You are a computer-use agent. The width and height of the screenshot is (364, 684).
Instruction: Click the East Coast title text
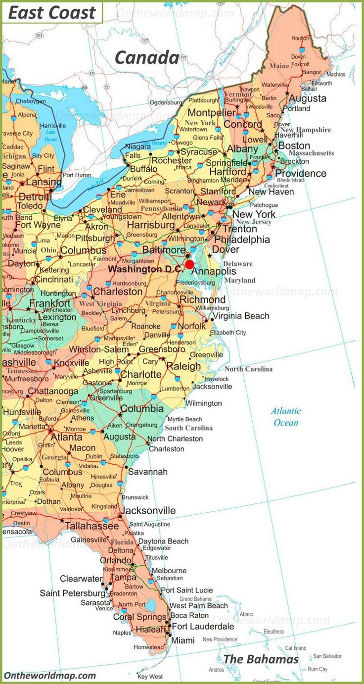52,13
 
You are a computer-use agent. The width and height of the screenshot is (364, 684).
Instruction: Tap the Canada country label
147,58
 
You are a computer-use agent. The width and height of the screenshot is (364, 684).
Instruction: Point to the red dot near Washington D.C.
189,264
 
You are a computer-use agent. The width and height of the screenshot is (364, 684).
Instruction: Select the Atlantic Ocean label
286,417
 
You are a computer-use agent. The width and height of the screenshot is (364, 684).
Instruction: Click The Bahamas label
261,659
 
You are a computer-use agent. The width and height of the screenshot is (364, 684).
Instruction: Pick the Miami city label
182,640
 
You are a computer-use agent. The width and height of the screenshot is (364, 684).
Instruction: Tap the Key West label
150,676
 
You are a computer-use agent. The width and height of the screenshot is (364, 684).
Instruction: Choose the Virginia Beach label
241,316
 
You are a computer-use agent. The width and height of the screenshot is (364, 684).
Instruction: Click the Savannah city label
147,472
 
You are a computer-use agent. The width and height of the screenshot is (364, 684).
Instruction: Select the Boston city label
294,146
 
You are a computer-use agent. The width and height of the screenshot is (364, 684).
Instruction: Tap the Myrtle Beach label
185,419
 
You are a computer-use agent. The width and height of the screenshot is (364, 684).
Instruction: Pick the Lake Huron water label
50,136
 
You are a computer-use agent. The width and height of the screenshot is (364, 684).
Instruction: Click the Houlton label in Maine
300,38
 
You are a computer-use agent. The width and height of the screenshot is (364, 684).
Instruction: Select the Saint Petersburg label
72,593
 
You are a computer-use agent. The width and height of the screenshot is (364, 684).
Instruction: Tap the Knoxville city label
72,363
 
